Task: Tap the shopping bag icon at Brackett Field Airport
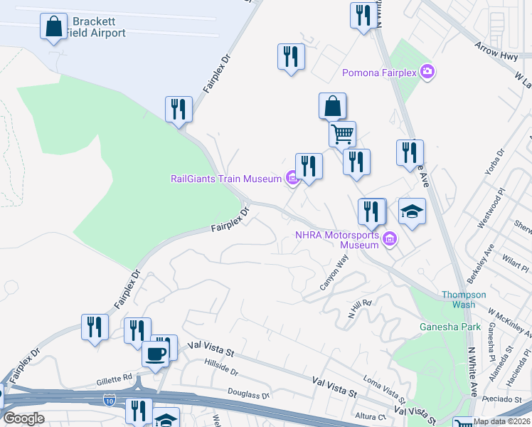pos(53,27)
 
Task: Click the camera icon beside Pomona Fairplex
pos(427,71)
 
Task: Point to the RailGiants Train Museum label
pos(226,179)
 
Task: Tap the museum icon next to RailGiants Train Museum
pos(292,179)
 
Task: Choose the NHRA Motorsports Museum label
pos(338,240)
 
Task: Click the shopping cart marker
pos(342,133)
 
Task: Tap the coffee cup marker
pos(155,353)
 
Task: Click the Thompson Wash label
pos(463,300)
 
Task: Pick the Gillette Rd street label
pos(114,378)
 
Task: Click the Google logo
pos(24,418)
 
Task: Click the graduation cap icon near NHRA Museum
pos(412,211)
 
